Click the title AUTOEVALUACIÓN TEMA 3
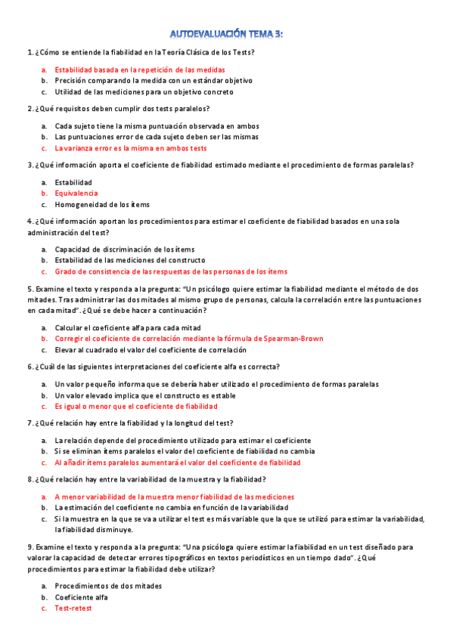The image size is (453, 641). [x=226, y=34]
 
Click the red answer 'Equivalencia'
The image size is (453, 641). [x=76, y=194]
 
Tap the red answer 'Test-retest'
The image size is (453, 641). [x=73, y=608]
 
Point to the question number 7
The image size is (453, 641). [x=29, y=423]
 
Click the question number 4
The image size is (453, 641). [x=29, y=221]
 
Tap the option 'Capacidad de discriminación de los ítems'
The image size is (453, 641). [x=125, y=249]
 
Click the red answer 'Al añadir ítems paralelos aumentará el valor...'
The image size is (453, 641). [x=178, y=462]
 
